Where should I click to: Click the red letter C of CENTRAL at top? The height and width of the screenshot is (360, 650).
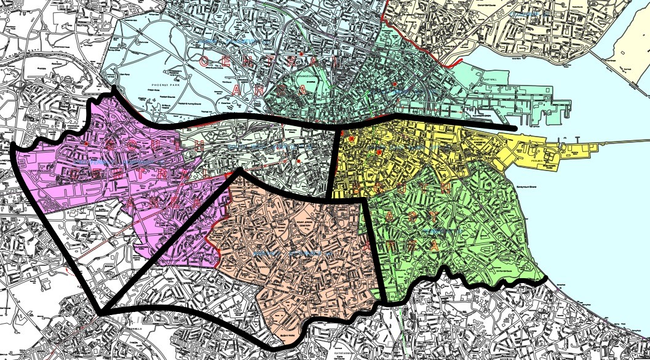(205, 60)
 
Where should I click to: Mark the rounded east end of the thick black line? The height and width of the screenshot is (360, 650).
(513, 127)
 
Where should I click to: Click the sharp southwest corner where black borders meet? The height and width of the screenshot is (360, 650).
(100, 311)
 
